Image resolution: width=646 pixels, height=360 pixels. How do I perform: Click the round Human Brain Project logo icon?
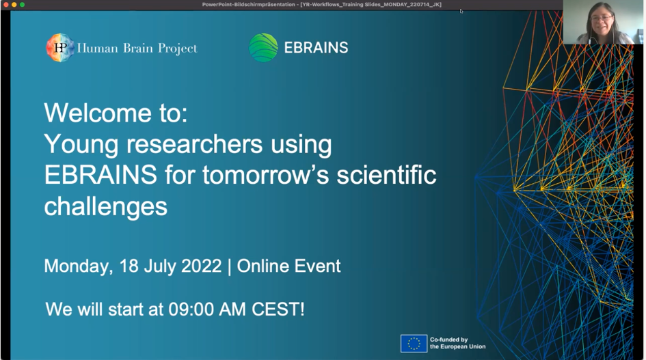[x=60, y=48]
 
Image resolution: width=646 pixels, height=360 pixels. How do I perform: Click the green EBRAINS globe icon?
[x=263, y=47]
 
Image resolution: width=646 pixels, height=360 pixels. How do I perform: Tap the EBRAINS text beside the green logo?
[x=316, y=48]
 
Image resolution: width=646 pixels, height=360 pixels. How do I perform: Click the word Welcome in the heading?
[x=98, y=113]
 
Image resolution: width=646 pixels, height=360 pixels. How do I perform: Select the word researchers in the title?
[x=194, y=145]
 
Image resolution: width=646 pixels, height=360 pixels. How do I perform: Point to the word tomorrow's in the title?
[x=266, y=175]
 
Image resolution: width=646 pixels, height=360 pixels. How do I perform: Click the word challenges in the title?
[x=106, y=207]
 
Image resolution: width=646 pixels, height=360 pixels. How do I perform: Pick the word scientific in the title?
[x=386, y=175]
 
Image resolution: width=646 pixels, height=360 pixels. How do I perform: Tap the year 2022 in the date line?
[x=202, y=266]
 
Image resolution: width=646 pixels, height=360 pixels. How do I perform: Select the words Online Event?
[x=288, y=266]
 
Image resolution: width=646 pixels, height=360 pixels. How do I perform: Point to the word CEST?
[x=278, y=309]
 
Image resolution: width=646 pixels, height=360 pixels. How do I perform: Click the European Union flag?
[x=414, y=344]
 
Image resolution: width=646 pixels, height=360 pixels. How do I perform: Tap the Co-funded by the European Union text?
[x=458, y=343]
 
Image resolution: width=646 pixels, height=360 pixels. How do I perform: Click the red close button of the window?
[x=5, y=5]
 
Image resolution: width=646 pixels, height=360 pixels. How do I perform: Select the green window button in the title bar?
[x=23, y=5]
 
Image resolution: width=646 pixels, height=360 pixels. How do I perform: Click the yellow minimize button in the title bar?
[x=14, y=5]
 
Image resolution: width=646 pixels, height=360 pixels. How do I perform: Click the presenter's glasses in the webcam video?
[x=601, y=18]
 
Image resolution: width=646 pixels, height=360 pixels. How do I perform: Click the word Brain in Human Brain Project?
[x=138, y=49]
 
